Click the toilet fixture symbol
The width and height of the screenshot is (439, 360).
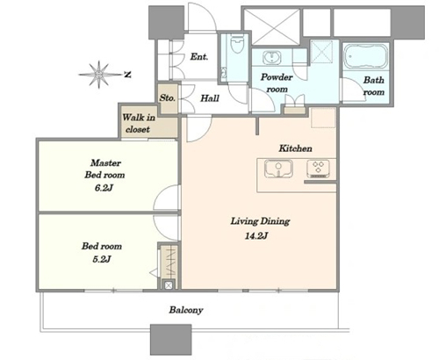click(x=237, y=45)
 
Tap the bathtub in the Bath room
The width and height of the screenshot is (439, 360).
click(x=365, y=56)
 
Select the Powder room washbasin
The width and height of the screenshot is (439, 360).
click(x=272, y=57)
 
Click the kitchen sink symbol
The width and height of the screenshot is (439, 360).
click(x=278, y=169)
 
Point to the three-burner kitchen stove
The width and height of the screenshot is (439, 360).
click(x=318, y=169)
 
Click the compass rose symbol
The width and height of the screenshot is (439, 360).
click(x=99, y=75)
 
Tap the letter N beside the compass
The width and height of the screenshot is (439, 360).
click(x=127, y=75)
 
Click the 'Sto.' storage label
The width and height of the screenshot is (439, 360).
click(x=167, y=97)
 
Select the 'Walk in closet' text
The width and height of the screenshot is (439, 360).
click(x=139, y=123)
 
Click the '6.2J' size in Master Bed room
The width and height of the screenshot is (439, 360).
click(x=104, y=188)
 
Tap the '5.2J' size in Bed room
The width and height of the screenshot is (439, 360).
click(x=102, y=259)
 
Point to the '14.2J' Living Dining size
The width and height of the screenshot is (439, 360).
click(x=256, y=235)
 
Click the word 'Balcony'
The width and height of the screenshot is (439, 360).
click(x=186, y=310)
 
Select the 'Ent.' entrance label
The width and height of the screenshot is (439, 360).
click(x=199, y=56)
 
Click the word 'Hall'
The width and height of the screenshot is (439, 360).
click(x=210, y=98)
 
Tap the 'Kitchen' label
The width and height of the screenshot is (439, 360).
click(x=295, y=148)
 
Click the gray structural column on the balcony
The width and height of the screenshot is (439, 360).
click(x=171, y=340)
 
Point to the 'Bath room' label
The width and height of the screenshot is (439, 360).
click(x=374, y=86)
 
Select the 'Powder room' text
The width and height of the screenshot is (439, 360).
click(x=277, y=83)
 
